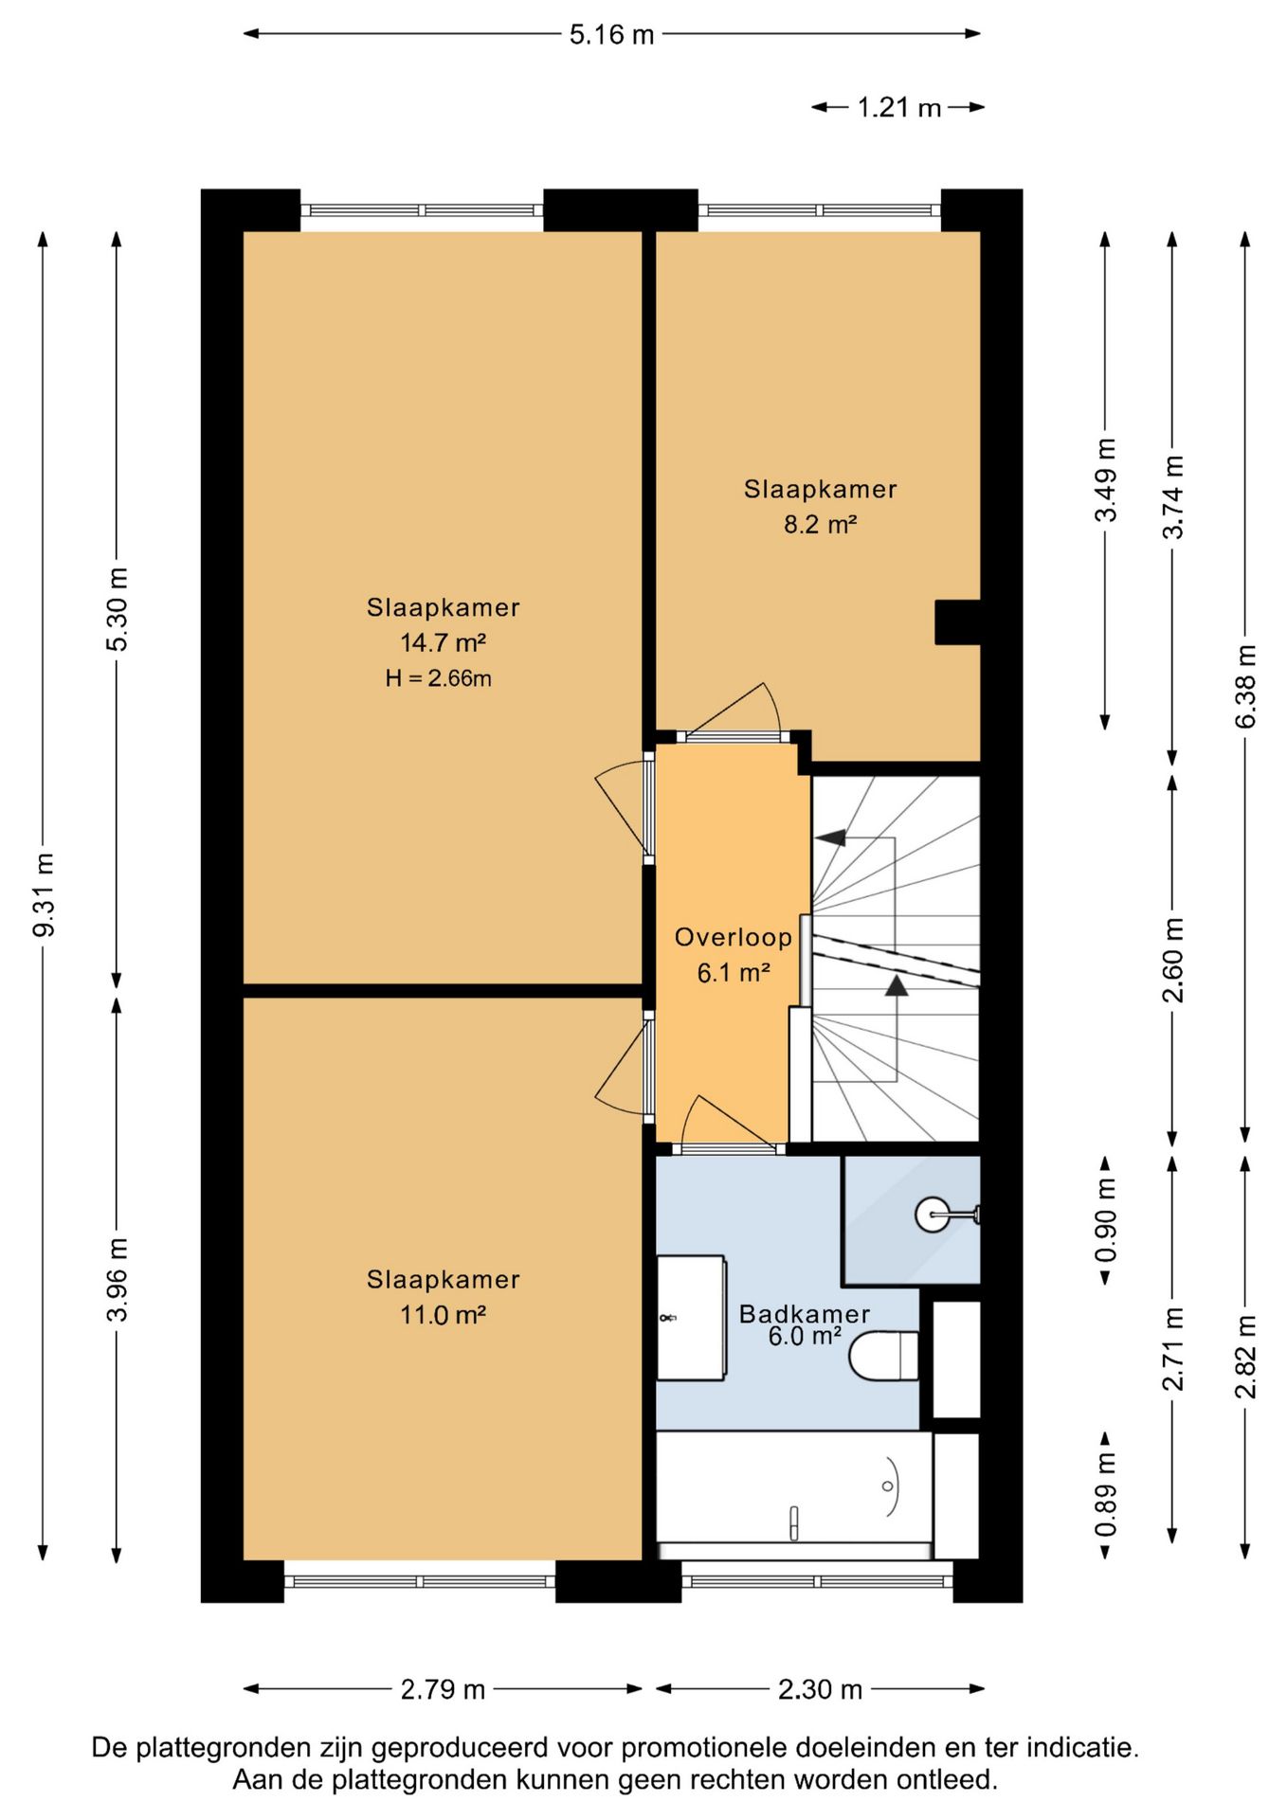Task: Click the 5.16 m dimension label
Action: pyautogui.click(x=611, y=35)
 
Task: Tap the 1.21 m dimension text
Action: pyautogui.click(x=898, y=108)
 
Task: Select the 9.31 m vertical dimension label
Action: pyautogui.click(x=44, y=894)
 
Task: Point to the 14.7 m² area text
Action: pyautogui.click(x=443, y=642)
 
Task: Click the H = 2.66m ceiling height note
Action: pyautogui.click(x=438, y=678)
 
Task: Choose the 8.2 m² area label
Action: pyautogui.click(x=820, y=524)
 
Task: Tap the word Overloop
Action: pyautogui.click(x=733, y=937)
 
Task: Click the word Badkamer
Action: pyautogui.click(x=804, y=1313)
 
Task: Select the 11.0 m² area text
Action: pyautogui.click(x=443, y=1315)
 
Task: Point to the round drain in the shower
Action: pyautogui.click(x=930, y=1214)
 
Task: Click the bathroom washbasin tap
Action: pyautogui.click(x=670, y=1317)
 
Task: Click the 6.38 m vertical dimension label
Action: pyautogui.click(x=1245, y=686)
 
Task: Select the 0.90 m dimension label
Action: pyautogui.click(x=1105, y=1221)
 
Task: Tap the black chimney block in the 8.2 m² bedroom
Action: pyautogui.click(x=957, y=622)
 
